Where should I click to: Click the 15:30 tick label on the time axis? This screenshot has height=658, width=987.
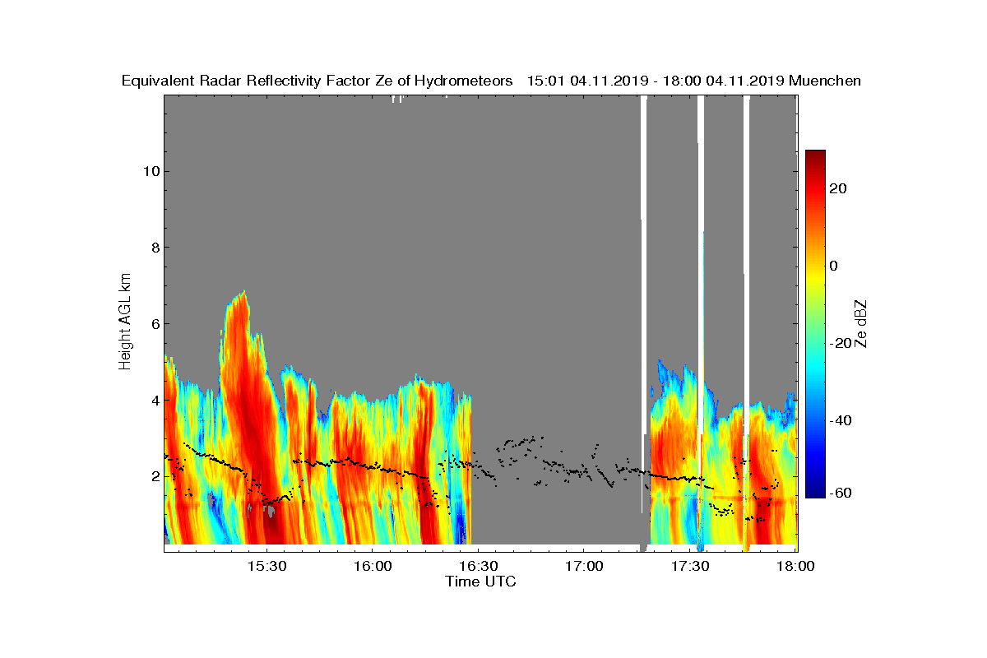266,566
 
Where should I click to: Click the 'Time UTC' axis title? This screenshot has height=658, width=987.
481,582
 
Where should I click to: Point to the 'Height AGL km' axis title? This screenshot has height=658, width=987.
125,323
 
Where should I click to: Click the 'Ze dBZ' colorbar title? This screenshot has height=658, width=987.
861,323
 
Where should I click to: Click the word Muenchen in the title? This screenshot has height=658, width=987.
824,81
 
